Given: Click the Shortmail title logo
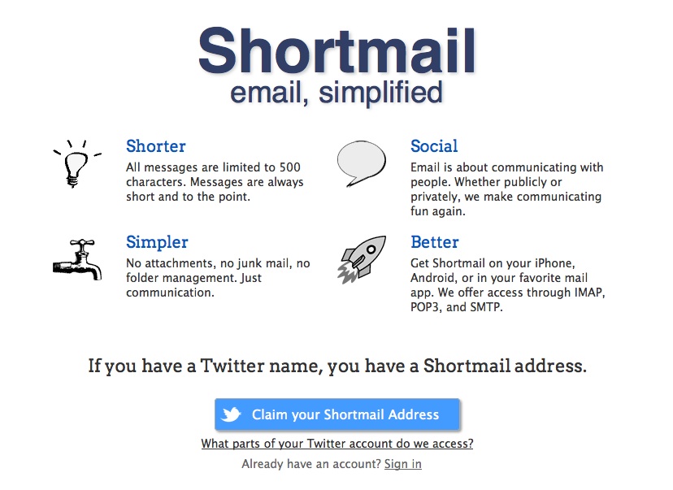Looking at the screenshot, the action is point(337,50).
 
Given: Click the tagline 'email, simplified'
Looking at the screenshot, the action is point(336,93).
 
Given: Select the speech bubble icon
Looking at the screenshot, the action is point(362,163).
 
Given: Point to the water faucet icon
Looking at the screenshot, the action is point(78,260).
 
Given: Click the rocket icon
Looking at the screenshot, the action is point(362,259).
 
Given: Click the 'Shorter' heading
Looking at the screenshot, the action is point(156,146).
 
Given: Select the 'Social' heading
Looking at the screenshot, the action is point(434,146).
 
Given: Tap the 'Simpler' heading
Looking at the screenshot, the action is point(157,243).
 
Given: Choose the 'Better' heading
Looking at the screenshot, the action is point(434,242).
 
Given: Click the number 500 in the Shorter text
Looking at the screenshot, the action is point(289,167).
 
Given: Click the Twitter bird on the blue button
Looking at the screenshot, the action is point(231,414).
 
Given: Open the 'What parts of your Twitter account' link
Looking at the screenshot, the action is point(337,444).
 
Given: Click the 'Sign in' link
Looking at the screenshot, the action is point(403,464).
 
